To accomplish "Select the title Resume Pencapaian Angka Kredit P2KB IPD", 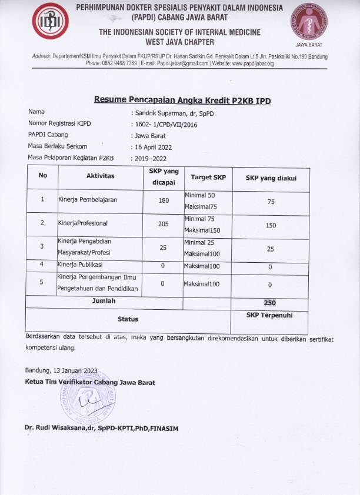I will point(182,100).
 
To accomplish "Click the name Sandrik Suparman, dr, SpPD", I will point(172,112).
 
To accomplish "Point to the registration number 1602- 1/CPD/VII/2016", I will point(165,123).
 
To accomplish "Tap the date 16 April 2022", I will point(156,146).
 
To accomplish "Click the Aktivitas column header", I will point(101,176).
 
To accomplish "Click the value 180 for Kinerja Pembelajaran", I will point(164,200).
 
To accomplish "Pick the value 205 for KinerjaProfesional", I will point(164,223).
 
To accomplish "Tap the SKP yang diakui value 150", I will point(271,225).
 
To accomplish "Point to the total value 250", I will point(270,303).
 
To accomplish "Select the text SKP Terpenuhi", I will point(269,315).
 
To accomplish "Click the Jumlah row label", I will point(104,301).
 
